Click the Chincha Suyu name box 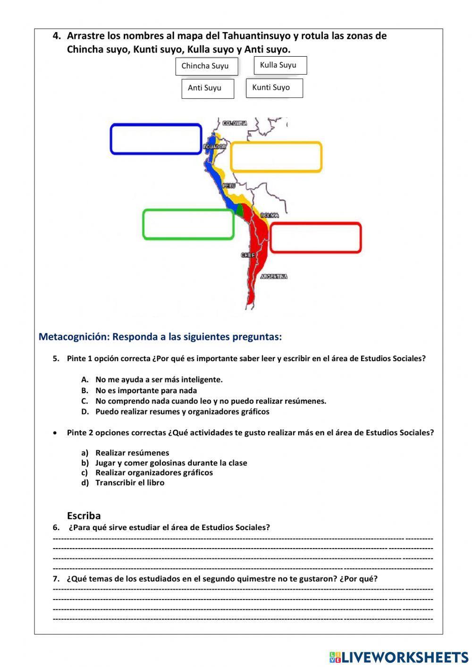pos(206,66)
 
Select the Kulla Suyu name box pos(280,66)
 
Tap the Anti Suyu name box pos(207,88)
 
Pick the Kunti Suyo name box pos(274,88)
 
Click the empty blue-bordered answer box pos(156,139)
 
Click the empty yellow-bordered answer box pos(276,157)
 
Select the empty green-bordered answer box pos(188,224)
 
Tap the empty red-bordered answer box pos(315,237)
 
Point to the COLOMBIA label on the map pos(235,123)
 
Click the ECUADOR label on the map pos(214,147)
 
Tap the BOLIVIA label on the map pos(270,215)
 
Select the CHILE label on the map pos(248,255)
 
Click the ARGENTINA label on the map pos(274,277)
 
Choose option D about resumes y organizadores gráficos pos(182,412)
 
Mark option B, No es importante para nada pos(146,390)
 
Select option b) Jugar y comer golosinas pos(171,463)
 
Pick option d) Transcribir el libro pos(130,482)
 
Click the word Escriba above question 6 pos(84,515)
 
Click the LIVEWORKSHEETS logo pos(399,657)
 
